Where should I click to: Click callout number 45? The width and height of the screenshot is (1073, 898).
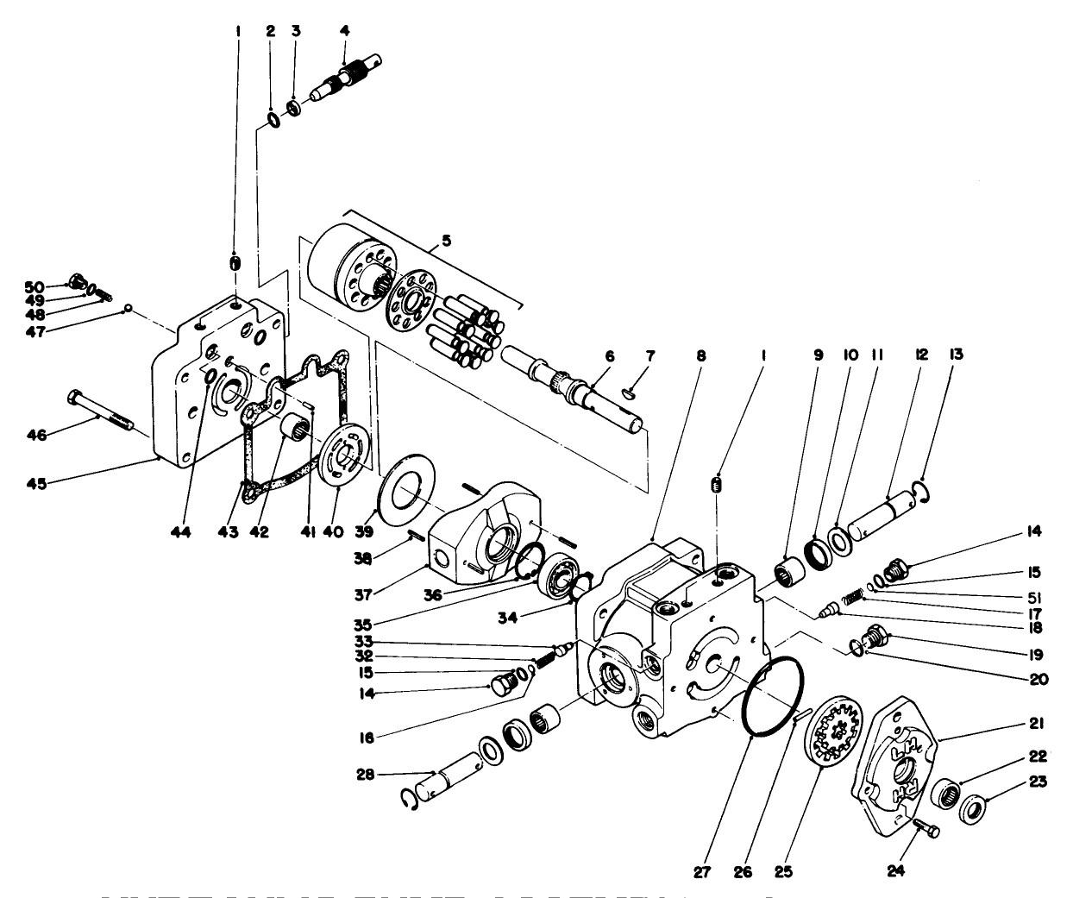coord(35,481)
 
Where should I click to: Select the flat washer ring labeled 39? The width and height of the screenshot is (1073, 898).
coord(406,493)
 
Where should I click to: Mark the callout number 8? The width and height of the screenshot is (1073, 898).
coord(700,354)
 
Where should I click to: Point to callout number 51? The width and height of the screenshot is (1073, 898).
coord(1033,595)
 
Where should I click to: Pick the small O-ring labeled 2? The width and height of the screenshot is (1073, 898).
coord(271,118)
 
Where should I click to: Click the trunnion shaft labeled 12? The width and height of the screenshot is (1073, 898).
coord(881,512)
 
